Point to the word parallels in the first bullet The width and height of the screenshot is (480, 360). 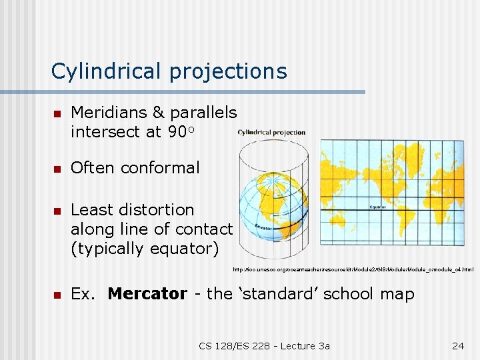[x=203, y=113]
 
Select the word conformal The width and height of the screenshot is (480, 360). [x=163, y=168]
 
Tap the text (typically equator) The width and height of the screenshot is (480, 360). [x=145, y=249]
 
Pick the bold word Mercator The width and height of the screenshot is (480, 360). [x=147, y=294]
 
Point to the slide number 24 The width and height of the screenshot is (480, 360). [x=457, y=345]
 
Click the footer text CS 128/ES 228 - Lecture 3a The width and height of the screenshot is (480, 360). [x=264, y=345]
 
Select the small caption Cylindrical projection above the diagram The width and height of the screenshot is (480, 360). [x=271, y=132]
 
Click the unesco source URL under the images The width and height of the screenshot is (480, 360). [x=353, y=269]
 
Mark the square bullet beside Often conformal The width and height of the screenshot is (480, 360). [x=57, y=169]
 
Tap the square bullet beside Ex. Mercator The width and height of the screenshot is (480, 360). [x=57, y=295]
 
